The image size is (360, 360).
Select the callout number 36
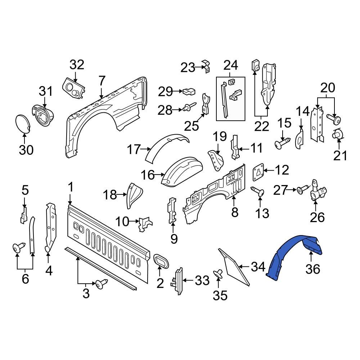(312, 269)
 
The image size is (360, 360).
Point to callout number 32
(76, 65)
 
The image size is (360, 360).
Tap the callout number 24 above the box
(231, 65)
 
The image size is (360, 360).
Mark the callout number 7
(102, 80)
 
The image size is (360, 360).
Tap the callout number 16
(147, 175)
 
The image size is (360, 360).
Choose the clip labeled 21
(338, 135)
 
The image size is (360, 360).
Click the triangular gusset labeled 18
(132, 195)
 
